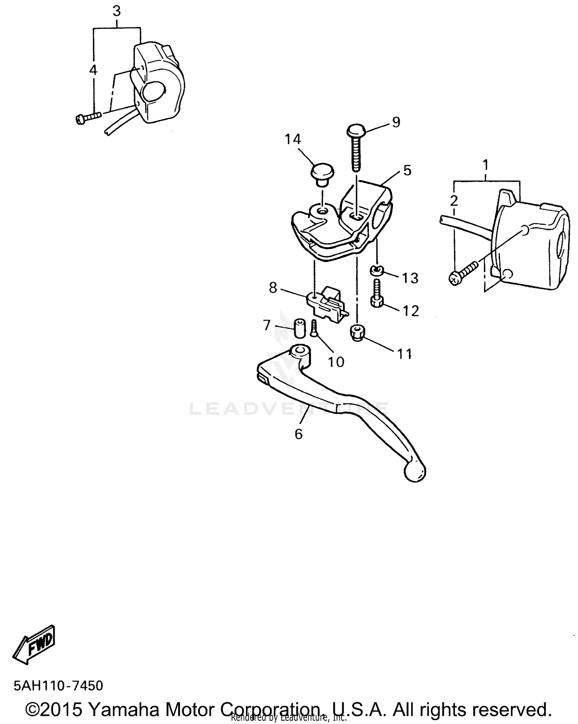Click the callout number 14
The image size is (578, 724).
point(292,139)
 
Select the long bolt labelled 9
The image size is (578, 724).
point(356,148)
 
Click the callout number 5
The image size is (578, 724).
point(407,170)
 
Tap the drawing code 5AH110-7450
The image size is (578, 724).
point(58,685)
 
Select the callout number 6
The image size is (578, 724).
point(299,434)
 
